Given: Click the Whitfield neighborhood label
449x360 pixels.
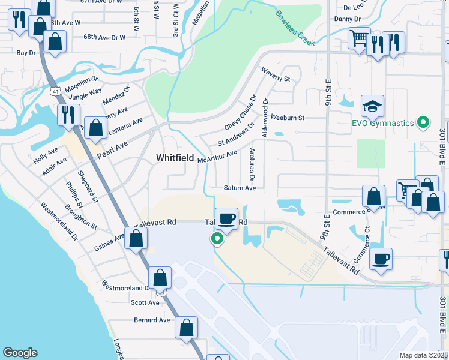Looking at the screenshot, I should click(175, 158).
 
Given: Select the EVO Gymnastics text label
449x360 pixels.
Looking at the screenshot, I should click(382, 123).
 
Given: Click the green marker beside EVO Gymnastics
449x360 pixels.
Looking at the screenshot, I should click(423, 123).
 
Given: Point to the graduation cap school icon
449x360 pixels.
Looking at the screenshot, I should click(372, 106).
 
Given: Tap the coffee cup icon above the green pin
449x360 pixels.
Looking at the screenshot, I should click(226, 218).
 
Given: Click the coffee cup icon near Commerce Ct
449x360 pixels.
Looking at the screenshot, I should click(381, 259).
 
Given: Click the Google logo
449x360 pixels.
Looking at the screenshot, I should click(20, 353).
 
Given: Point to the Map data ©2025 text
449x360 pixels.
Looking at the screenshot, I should click(423, 355).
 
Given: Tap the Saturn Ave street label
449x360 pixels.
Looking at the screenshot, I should click(240, 188).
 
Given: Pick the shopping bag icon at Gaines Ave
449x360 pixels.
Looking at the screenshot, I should click(136, 238).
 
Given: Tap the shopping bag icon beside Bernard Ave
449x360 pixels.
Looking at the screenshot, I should click(187, 327).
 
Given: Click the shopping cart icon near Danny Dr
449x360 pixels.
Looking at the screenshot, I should click(359, 39).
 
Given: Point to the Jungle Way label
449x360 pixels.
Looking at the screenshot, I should click(85, 94).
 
